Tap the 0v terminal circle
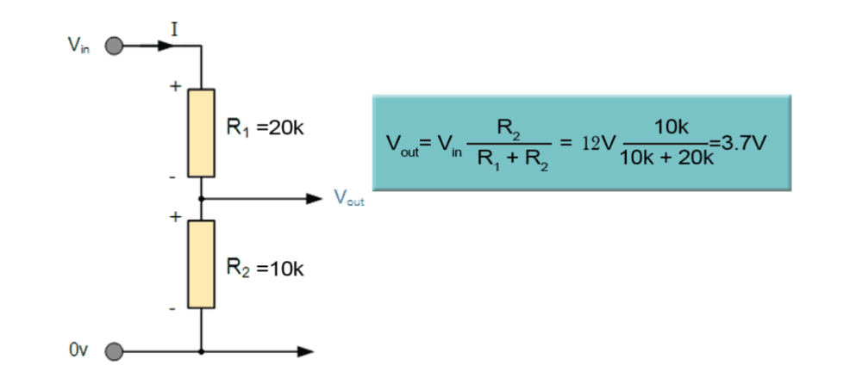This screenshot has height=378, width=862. (113, 351)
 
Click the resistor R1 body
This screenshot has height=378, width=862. (202, 132)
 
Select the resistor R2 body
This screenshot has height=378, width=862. (202, 264)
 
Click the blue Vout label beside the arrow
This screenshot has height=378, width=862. (349, 199)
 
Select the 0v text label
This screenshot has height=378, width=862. (78, 351)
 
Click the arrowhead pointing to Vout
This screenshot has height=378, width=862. (313, 199)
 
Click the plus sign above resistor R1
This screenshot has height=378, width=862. (176, 86)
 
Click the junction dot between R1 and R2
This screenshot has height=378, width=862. (202, 199)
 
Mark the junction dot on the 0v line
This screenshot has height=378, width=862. (202, 351)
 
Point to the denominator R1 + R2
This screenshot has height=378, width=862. (510, 158)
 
